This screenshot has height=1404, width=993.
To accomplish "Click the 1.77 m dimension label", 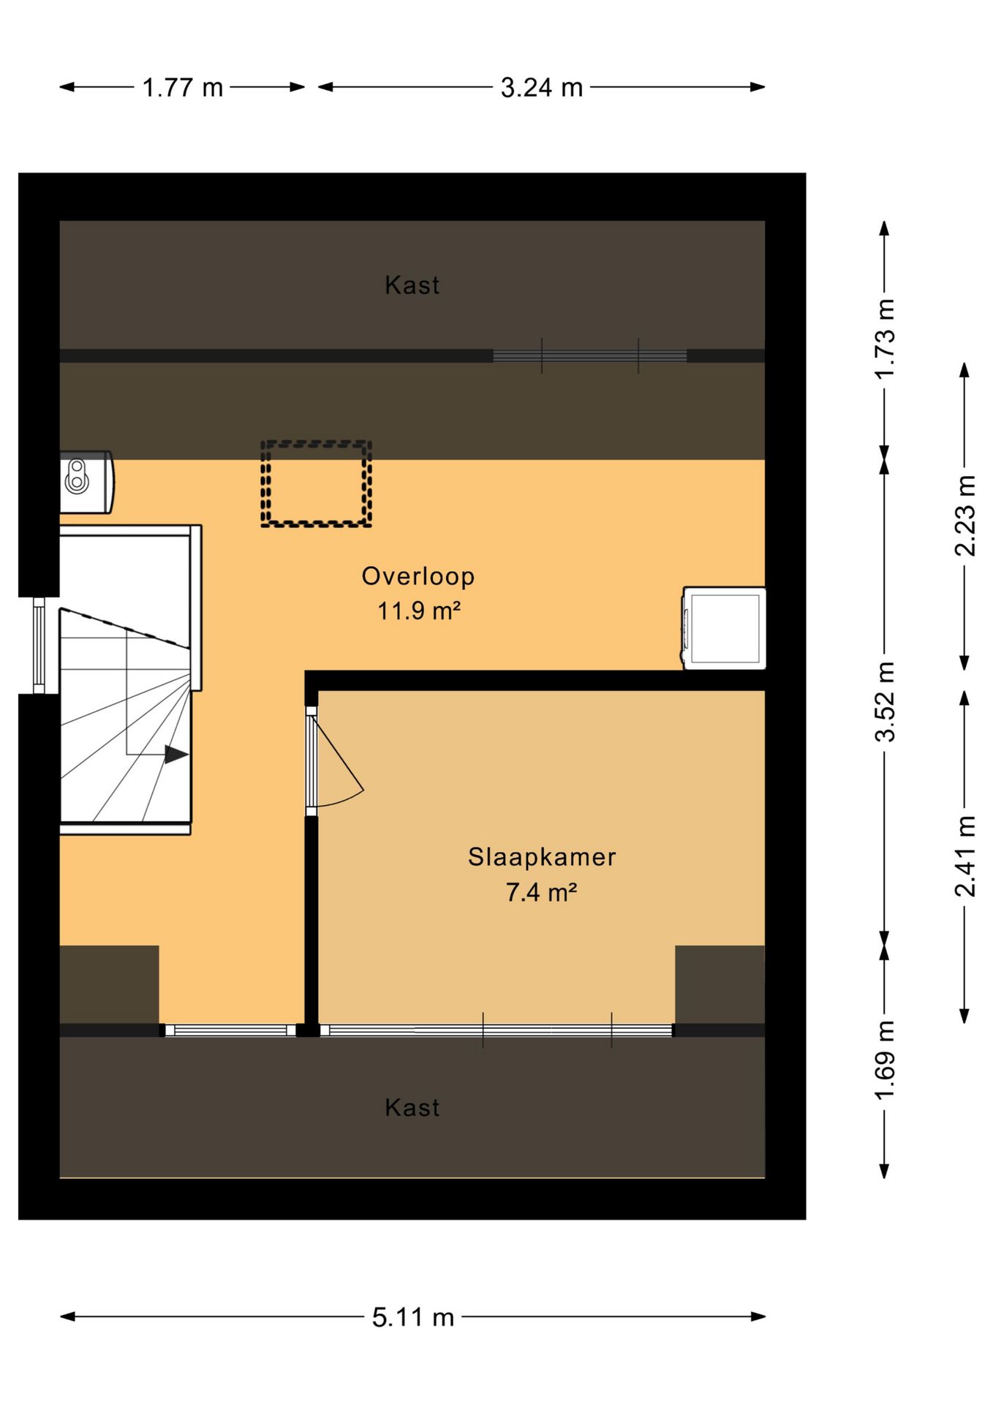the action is [x=182, y=88].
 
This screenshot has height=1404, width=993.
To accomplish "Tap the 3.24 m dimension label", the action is [x=542, y=88].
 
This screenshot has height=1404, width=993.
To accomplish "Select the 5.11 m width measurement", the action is [x=413, y=1318].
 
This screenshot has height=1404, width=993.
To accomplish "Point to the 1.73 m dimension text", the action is [x=885, y=339].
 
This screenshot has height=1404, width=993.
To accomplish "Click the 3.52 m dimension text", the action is [x=885, y=701].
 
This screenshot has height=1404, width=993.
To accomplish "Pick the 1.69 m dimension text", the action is [x=885, y=1060].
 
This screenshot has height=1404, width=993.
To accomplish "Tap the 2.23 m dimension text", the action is [x=965, y=516].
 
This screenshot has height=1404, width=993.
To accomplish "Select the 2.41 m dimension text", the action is [x=965, y=856].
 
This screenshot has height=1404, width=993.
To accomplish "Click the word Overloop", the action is [x=418, y=577].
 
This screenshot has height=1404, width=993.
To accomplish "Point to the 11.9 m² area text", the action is [x=419, y=611].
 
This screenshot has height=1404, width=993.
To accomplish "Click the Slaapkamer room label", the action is [x=542, y=857].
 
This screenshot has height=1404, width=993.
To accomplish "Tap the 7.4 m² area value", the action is [x=542, y=892].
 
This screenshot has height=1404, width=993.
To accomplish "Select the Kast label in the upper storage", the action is [x=412, y=285].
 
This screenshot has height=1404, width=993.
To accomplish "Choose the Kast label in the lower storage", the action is [x=412, y=1108].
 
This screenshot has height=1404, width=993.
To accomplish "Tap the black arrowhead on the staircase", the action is [x=176, y=754].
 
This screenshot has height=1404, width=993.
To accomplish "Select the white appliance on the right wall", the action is [x=724, y=628].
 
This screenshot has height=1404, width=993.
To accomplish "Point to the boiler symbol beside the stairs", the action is [x=86, y=482].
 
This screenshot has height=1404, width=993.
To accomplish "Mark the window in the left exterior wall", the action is [x=39, y=646].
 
